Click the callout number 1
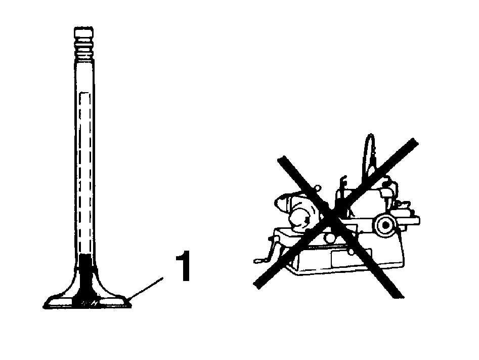coord(184,266)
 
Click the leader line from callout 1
coord(145,288)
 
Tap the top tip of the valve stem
coord(83,28)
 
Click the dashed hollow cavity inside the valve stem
coord(84,174)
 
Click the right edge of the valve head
coord(130,303)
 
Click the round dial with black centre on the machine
coord(385,225)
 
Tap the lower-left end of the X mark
coord(258,285)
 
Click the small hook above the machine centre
coord(343,182)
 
